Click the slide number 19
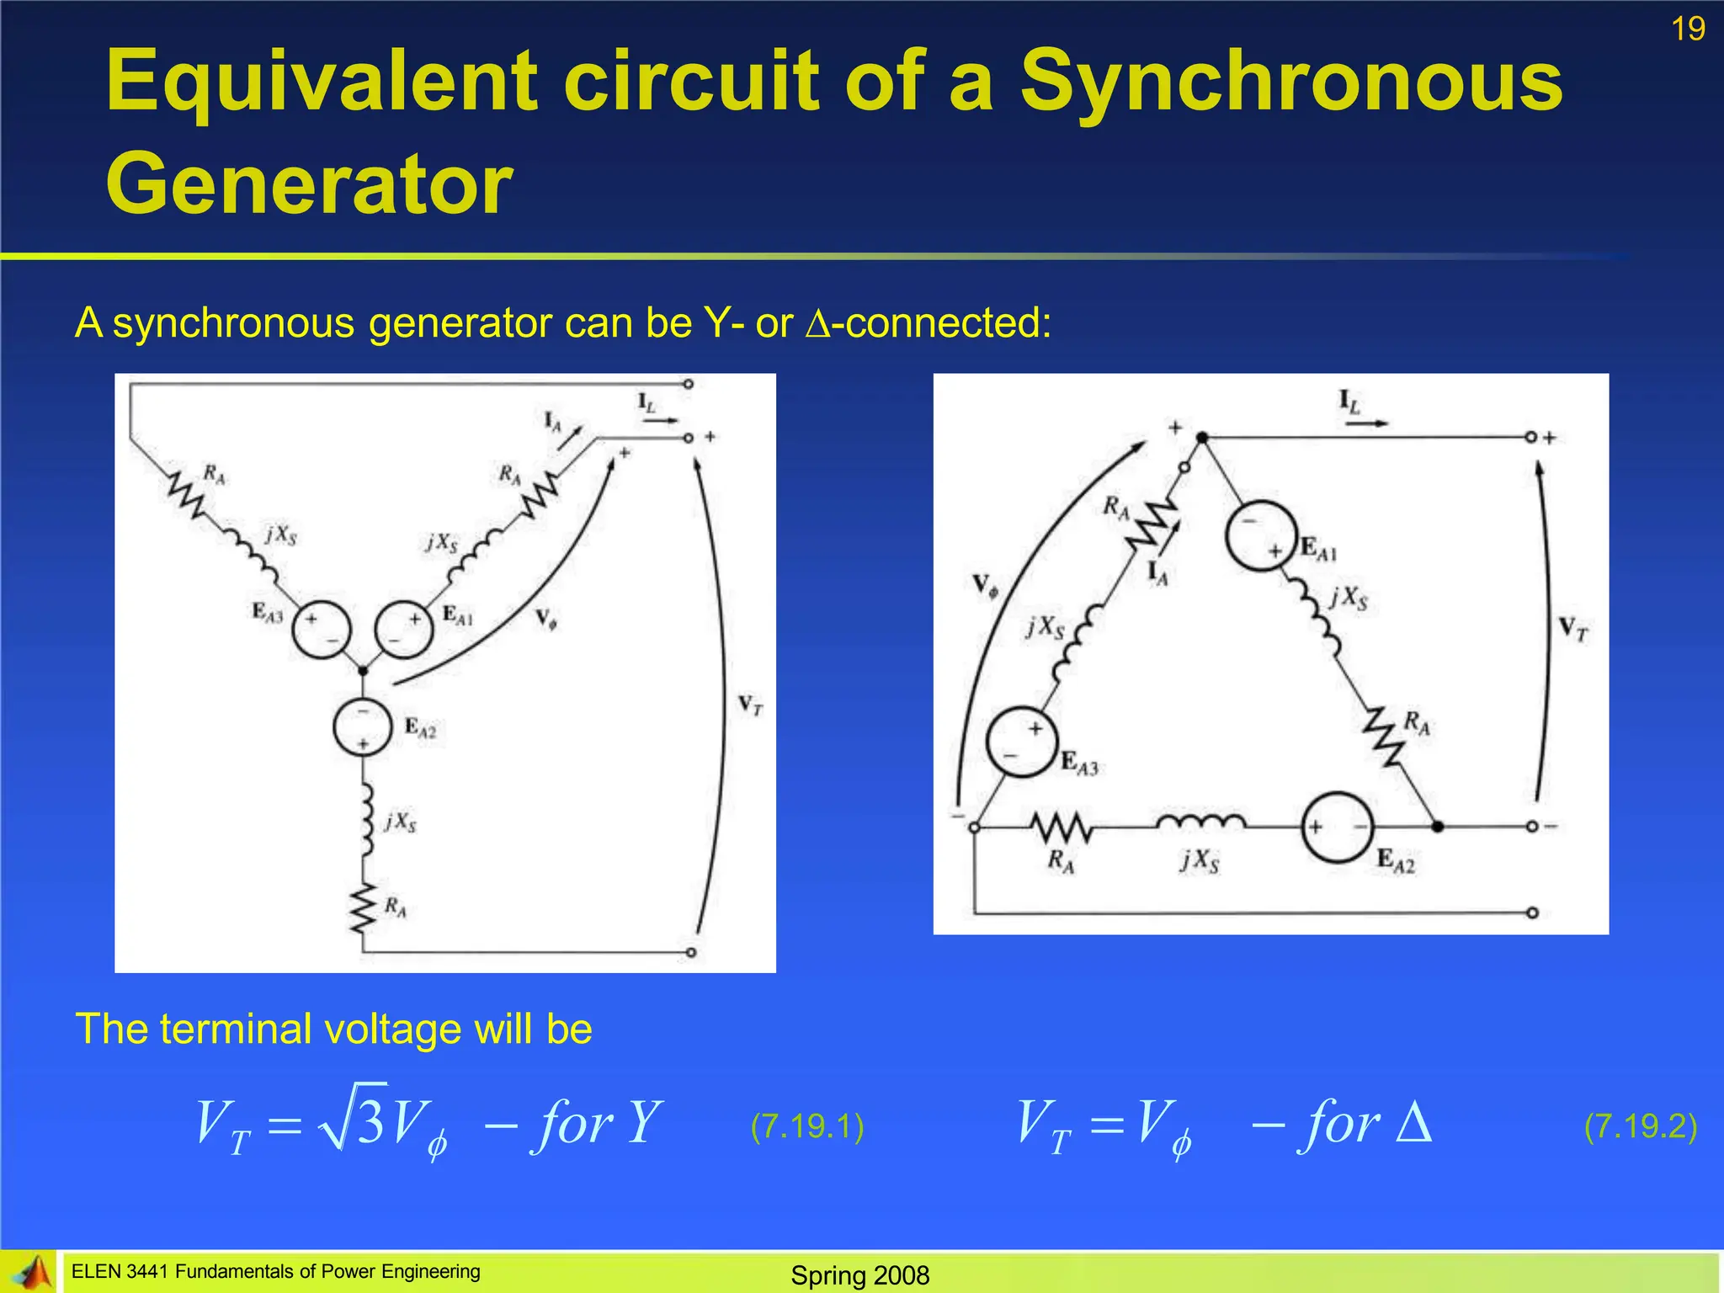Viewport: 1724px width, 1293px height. pyautogui.click(x=1688, y=29)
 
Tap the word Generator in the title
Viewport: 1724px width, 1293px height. pyautogui.click(x=309, y=184)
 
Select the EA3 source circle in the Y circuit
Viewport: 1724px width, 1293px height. pyautogui.click(x=320, y=629)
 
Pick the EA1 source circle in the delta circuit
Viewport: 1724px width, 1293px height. pyautogui.click(x=1261, y=536)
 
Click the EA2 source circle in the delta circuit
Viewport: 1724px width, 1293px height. pyautogui.click(x=1338, y=827)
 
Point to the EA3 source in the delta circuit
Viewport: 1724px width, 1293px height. pyautogui.click(x=1021, y=742)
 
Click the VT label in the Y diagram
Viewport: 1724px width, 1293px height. pyautogui.click(x=750, y=705)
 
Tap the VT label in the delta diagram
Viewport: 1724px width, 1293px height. pyautogui.click(x=1572, y=629)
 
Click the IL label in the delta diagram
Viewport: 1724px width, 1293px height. pyautogui.click(x=1349, y=402)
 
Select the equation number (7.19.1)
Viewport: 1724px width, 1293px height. pyautogui.click(x=807, y=1126)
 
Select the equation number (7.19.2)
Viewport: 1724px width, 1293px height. pyautogui.click(x=1640, y=1126)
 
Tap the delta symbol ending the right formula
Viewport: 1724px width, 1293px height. pyautogui.click(x=1413, y=1122)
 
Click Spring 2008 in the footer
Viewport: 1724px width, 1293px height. pyautogui.click(x=859, y=1275)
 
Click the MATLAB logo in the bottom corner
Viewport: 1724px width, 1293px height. pyautogui.click(x=30, y=1273)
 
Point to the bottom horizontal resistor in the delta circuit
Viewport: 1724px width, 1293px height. pyautogui.click(x=1062, y=828)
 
